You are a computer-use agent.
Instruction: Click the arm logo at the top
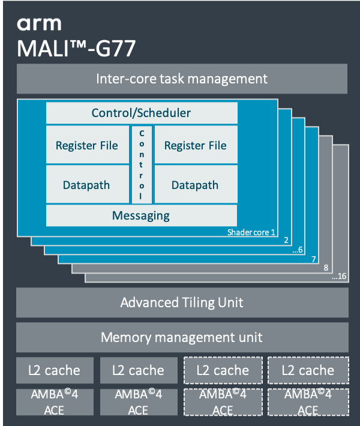39,24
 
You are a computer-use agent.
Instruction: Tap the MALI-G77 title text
76,48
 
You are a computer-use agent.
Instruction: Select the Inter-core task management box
182,79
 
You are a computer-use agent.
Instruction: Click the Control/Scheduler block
142,113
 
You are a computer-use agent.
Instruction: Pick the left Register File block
87,145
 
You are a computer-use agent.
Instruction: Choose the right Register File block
196,145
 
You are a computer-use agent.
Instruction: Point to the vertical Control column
142,164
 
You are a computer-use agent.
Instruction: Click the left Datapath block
87,185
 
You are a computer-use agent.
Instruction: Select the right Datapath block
196,185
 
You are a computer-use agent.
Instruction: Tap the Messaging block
142,215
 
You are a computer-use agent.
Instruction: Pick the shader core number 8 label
326,268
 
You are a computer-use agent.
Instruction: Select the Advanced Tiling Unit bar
182,302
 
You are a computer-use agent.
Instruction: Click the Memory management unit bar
182,337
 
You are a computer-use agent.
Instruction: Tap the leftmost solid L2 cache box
55,370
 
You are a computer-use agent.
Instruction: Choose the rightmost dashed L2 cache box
308,370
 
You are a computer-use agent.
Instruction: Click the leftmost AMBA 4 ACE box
55,402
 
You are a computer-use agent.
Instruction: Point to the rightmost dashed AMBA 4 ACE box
308,402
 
